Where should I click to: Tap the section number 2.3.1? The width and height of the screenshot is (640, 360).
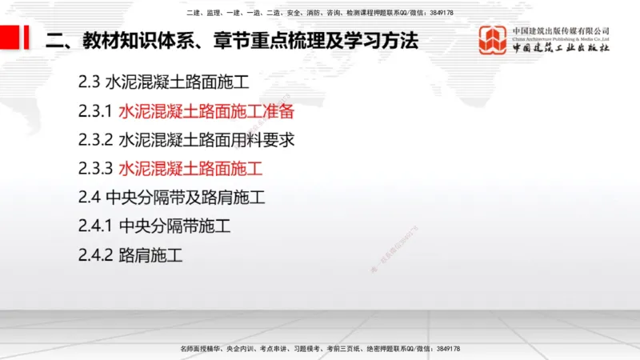95,111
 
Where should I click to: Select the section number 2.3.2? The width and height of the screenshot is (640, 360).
95,140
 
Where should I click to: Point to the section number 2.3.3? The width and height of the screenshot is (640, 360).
95,169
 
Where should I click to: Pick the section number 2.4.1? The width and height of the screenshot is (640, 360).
95,226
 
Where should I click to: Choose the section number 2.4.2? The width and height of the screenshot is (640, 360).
95,256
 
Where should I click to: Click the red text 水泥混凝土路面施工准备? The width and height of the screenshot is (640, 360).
206,111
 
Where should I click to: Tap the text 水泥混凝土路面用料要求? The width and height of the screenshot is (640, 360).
206,140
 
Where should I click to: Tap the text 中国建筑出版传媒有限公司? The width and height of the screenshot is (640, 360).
561,30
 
